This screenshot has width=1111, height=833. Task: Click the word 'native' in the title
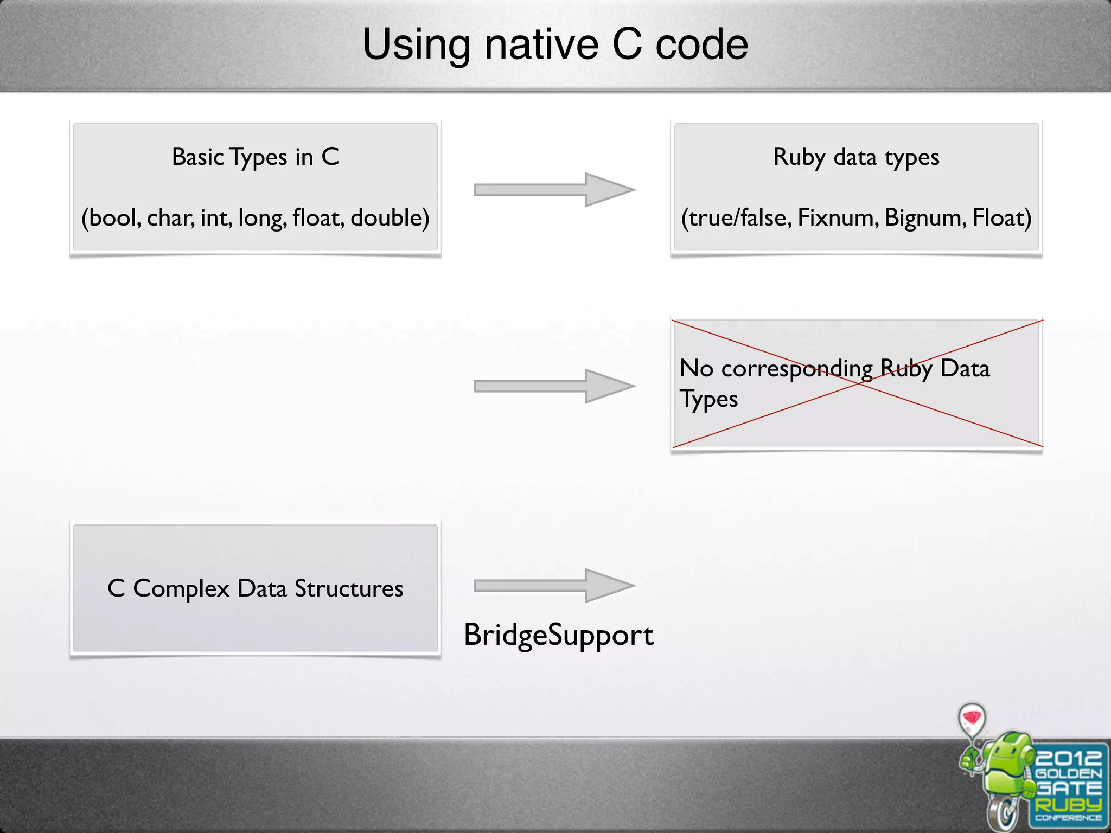pyautogui.click(x=541, y=44)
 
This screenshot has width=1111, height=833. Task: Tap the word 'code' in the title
pyautogui.click(x=702, y=44)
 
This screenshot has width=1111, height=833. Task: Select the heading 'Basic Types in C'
pyautogui.click(x=255, y=157)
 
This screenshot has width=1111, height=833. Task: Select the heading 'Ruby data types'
pyautogui.click(x=856, y=157)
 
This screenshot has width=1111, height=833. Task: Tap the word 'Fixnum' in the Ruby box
pyautogui.click(x=837, y=218)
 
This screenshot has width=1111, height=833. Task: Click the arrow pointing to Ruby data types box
pyautogui.click(x=554, y=190)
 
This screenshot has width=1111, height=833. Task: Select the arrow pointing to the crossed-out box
pyautogui.click(x=554, y=386)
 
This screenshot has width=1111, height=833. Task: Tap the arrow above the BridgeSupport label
pyautogui.click(x=554, y=586)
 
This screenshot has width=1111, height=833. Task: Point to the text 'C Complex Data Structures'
pyautogui.click(x=255, y=589)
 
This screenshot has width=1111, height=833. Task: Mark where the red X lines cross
pyautogui.click(x=857, y=383)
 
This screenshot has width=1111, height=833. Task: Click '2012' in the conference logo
pyautogui.click(x=1068, y=757)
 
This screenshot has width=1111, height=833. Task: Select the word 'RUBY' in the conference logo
pyautogui.click(x=1068, y=804)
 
